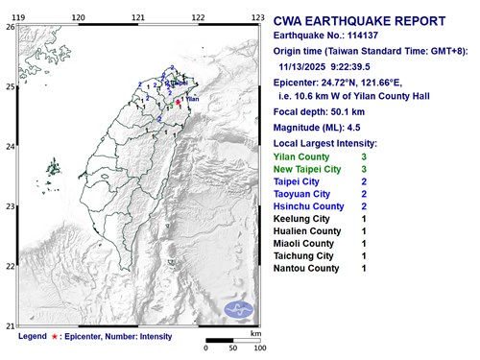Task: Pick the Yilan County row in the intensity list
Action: pyautogui.click(x=301, y=156)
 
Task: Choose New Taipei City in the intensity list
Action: pyautogui.click(x=310, y=169)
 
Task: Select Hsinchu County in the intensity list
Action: pyautogui.click(x=309, y=206)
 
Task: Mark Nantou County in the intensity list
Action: pyautogui.click(x=306, y=269)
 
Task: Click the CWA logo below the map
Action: pyautogui.click(x=237, y=309)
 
